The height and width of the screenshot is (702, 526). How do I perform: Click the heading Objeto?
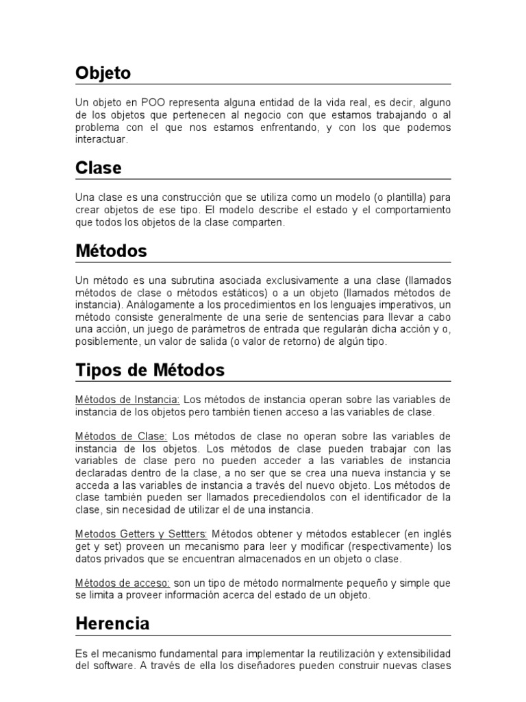pos(103,73)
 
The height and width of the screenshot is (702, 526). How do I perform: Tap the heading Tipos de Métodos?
pos(149,370)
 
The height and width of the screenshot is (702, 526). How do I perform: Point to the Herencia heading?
pos(112,624)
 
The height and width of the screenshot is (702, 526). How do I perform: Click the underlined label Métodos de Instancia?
pos(127,400)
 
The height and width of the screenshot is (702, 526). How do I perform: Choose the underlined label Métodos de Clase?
pos(121,436)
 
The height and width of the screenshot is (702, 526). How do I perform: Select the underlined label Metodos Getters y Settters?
pos(141,534)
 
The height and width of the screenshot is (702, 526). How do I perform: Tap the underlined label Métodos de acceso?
pos(123,583)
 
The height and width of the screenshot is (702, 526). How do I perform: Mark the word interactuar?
pos(101,139)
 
